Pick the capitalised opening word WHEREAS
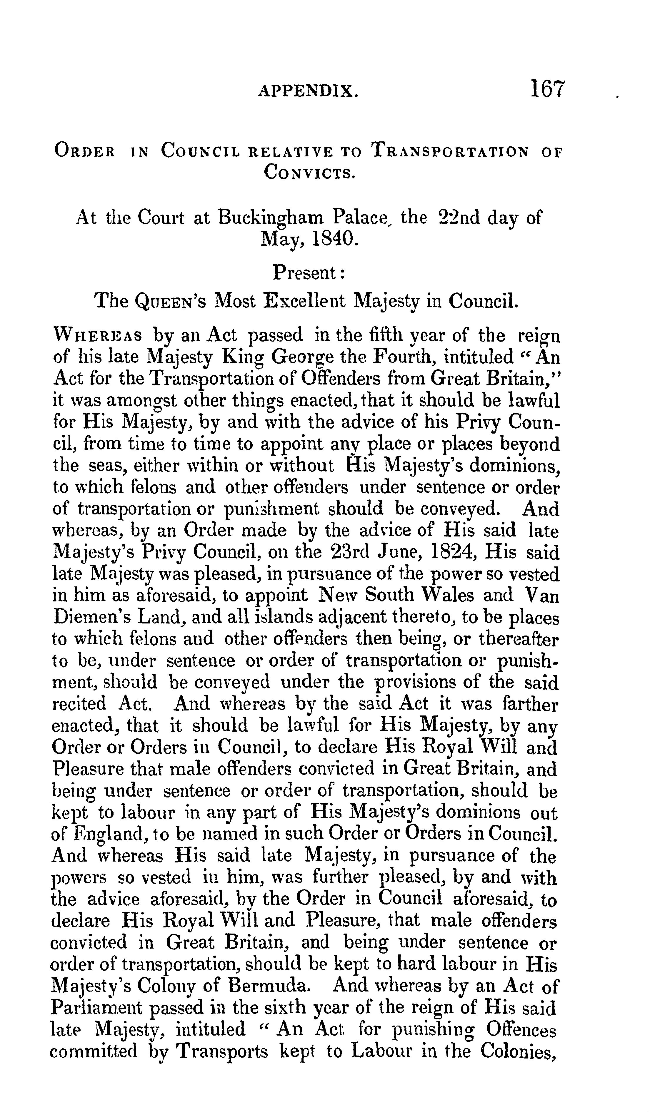pos(98,336)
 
